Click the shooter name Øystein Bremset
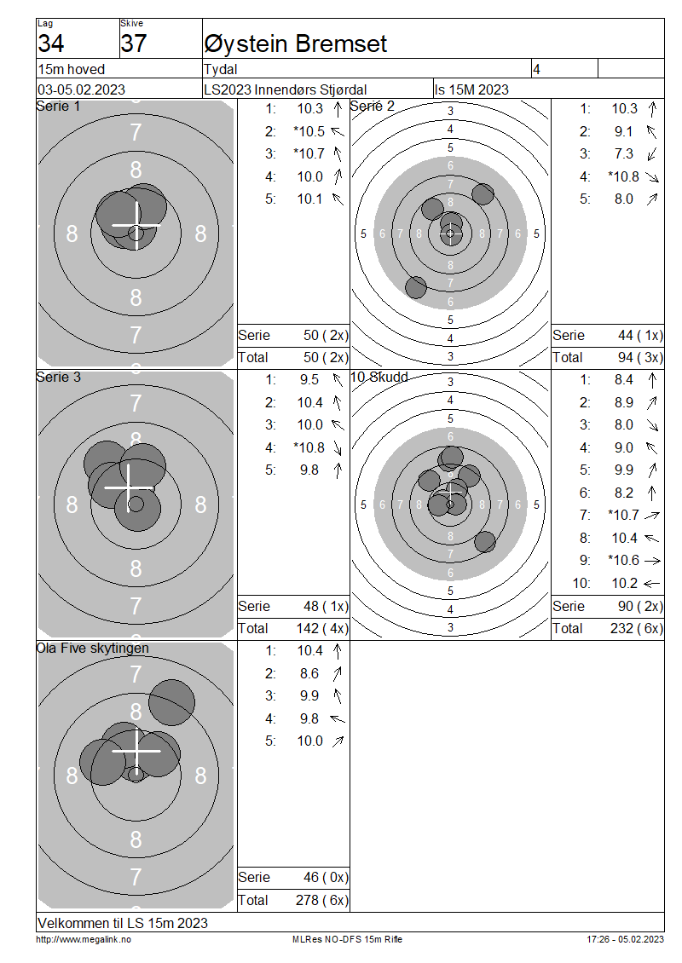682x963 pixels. (x=295, y=43)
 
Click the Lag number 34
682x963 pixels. (x=51, y=43)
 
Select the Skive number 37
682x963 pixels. (x=133, y=43)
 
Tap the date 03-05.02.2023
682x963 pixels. (x=81, y=89)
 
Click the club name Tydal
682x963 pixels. (x=221, y=69)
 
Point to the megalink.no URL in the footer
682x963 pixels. (x=84, y=939)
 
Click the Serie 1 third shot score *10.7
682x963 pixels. (x=309, y=153)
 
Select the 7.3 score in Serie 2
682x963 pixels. (x=623, y=153)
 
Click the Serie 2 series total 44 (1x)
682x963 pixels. (x=640, y=335)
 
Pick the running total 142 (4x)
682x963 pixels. (x=322, y=628)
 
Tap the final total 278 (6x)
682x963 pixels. (x=322, y=900)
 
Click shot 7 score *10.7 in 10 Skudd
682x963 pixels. (x=623, y=515)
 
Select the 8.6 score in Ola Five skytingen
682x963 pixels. (x=309, y=673)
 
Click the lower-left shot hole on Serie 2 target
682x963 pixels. (x=416, y=287)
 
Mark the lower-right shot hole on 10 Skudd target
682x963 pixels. (x=485, y=542)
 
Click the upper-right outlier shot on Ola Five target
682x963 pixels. (x=171, y=702)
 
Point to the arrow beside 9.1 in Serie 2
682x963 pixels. (x=651, y=131)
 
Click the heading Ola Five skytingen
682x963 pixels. (x=93, y=648)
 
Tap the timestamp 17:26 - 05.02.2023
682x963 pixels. (x=625, y=939)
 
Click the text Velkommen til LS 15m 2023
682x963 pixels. (x=123, y=923)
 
